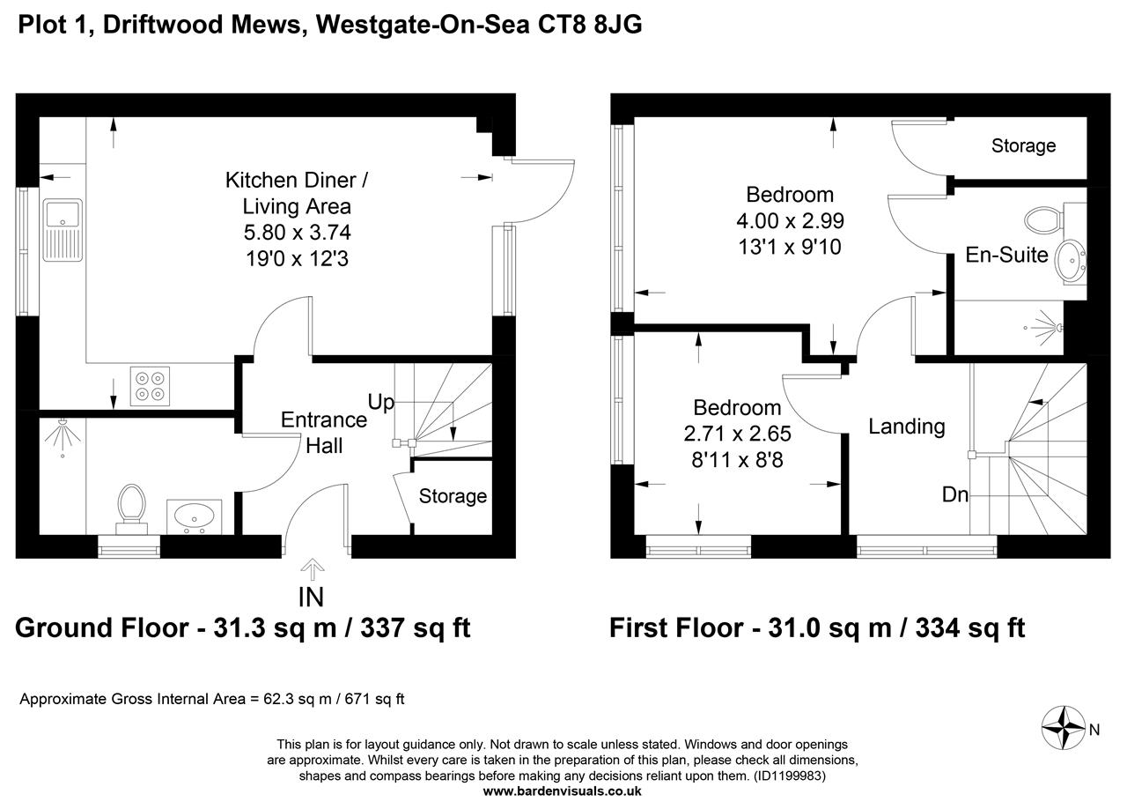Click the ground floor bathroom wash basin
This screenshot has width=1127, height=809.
click(x=194, y=516)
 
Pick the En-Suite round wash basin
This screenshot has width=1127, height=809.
click(x=1073, y=259)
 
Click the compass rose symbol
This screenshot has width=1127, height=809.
click(x=1064, y=728)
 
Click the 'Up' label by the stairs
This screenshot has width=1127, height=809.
click(x=380, y=403)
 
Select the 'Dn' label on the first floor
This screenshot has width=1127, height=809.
click(x=954, y=495)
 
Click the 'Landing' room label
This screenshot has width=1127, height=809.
click(x=906, y=427)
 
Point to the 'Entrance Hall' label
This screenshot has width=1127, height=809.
click(x=323, y=433)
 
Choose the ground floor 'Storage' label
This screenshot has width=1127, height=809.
click(x=453, y=496)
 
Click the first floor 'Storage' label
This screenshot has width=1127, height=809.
click(x=1023, y=145)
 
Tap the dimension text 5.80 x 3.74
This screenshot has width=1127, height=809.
click(x=297, y=234)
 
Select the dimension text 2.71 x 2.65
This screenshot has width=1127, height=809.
click(x=737, y=434)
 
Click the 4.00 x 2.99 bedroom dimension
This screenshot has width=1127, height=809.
click(x=789, y=220)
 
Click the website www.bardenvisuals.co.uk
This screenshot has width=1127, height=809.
click(x=563, y=790)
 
